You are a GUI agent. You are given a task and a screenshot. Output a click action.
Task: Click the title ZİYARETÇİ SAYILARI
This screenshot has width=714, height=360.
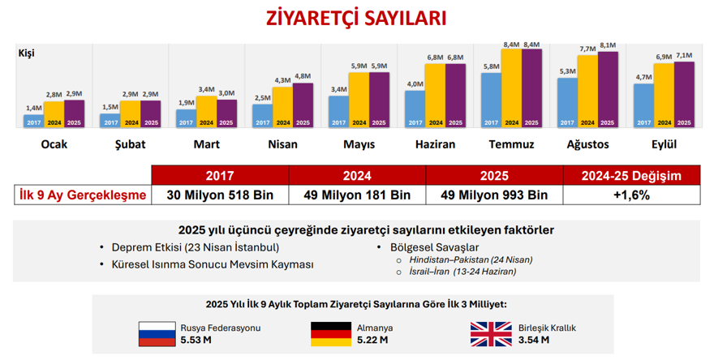point(356,19)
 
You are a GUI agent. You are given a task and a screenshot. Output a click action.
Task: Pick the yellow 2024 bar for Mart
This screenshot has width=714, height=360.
point(206,112)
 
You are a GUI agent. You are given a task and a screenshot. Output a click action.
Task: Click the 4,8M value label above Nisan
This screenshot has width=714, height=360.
point(303,76)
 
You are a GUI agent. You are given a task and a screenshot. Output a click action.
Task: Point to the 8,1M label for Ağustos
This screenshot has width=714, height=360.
point(608,45)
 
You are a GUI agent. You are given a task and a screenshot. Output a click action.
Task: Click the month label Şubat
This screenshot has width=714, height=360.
point(130,144)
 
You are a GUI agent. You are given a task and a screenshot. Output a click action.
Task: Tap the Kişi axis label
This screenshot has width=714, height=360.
point(27,54)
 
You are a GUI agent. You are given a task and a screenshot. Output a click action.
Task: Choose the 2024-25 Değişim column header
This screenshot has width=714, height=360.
point(631,175)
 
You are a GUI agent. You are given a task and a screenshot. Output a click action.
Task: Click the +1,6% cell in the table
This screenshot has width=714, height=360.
point(631,195)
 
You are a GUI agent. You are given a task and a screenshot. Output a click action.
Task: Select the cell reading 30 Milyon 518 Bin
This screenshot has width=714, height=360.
point(219,195)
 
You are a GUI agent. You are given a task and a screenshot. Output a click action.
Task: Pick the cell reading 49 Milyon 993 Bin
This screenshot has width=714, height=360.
point(493,195)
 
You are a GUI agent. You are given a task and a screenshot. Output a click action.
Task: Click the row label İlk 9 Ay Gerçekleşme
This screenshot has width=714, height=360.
point(83,195)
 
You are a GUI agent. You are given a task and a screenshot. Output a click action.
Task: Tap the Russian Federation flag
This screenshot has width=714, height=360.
point(157,333)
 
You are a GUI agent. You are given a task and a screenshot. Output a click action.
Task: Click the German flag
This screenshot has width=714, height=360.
point(330,333)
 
